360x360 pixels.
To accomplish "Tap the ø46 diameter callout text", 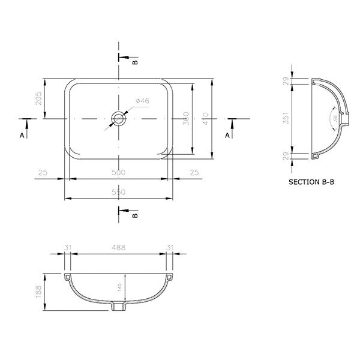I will (x=142, y=101).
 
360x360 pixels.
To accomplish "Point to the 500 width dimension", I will (x=119, y=173).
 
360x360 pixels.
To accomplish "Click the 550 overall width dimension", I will (x=119, y=192).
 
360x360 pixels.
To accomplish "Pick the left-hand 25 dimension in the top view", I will (x=43, y=173).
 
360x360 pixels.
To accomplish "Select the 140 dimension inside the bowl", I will (x=120, y=289).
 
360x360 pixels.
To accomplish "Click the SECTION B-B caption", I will (x=311, y=181).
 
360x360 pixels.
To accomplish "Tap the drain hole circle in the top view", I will (x=119, y=118).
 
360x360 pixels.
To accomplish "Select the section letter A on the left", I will (x=22, y=136).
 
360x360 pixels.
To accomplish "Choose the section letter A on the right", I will (x=227, y=136).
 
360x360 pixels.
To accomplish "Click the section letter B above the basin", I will (x=134, y=61).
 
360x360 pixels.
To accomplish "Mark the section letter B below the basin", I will (x=134, y=214).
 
